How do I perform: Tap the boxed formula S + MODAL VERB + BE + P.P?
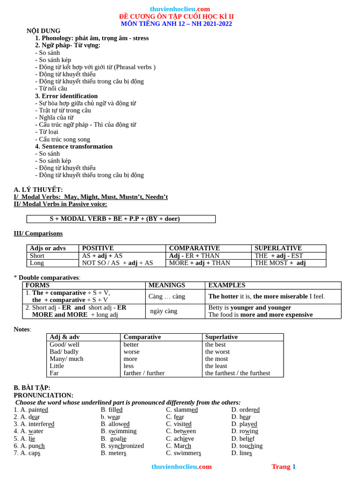[x=115, y=219]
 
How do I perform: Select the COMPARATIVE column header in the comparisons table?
[x=194, y=248]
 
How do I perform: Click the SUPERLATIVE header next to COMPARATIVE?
[x=278, y=248]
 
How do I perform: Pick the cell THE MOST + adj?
[x=280, y=263]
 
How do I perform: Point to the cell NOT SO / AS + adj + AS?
[x=117, y=263]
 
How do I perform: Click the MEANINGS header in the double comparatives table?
[x=166, y=285]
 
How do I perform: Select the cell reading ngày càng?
[x=164, y=311]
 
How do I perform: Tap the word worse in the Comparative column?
[x=131, y=352]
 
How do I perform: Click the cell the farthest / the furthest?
[x=237, y=373]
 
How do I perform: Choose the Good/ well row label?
[x=64, y=345]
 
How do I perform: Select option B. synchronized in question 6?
[x=122, y=446]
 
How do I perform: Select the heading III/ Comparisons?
[x=38, y=233]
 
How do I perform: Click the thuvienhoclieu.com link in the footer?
[x=181, y=467]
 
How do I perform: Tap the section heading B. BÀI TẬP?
[x=32, y=388]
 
